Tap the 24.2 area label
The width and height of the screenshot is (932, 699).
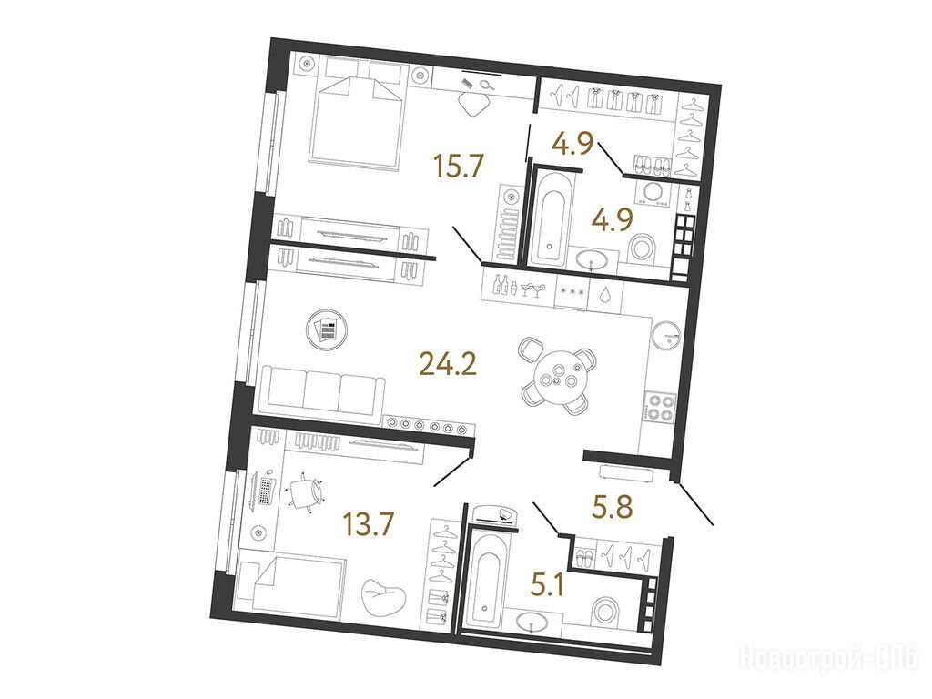pyautogui.click(x=448, y=364)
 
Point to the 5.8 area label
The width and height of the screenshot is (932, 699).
pyautogui.click(x=613, y=507)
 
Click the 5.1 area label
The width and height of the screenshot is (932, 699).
pyautogui.click(x=547, y=585)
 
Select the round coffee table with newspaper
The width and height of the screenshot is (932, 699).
pyautogui.click(x=328, y=329)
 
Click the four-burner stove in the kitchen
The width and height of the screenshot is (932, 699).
pyautogui.click(x=660, y=407)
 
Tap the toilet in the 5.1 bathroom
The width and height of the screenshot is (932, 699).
pyautogui.click(x=607, y=612)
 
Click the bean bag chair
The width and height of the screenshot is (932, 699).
pyautogui.click(x=383, y=595)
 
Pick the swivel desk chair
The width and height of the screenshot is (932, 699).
pyautogui.click(x=307, y=491)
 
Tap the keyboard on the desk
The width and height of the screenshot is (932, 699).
pyautogui.click(x=267, y=491)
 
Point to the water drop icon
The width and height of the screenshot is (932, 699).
pyautogui.click(x=604, y=294)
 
